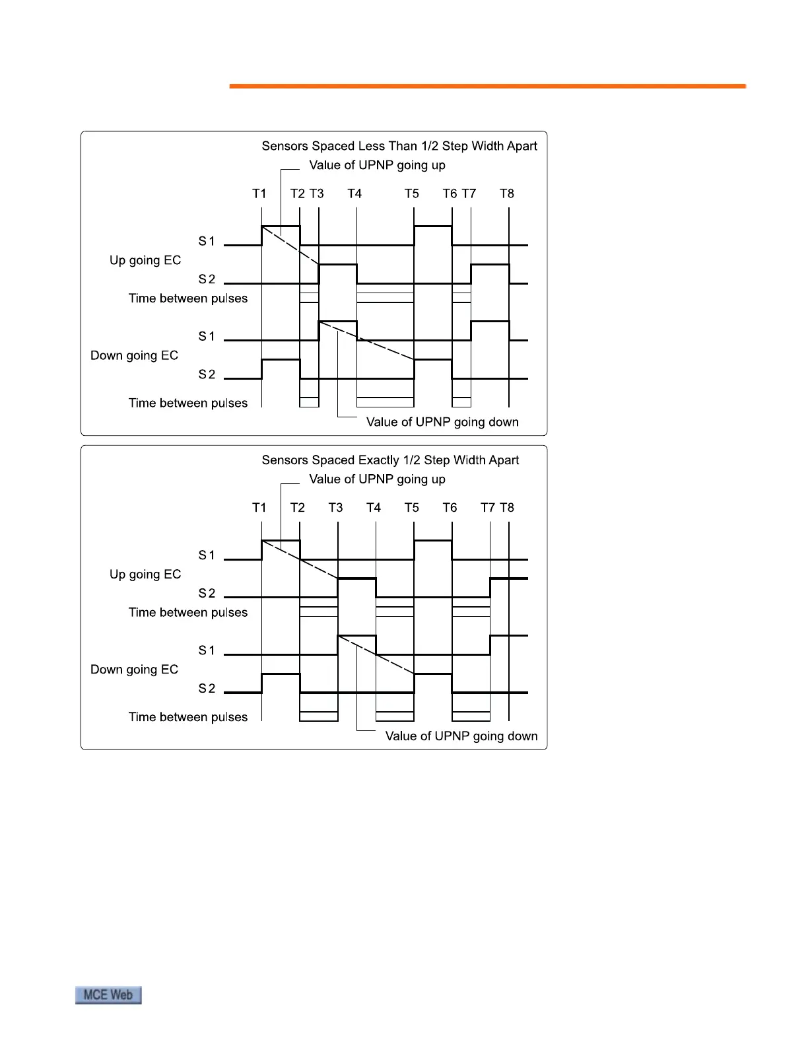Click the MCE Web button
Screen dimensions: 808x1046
[108, 994]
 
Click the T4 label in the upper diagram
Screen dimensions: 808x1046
[354, 193]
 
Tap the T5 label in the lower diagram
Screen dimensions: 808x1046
[412, 507]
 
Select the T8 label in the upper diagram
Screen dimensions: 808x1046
[506, 193]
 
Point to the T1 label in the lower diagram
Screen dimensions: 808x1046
[259, 507]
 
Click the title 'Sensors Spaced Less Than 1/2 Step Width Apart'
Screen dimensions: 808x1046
[399, 146]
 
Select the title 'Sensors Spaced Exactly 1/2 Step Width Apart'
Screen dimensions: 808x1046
[390, 460]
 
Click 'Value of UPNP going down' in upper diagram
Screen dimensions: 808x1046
[442, 422]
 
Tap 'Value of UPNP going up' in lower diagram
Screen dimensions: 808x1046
[377, 479]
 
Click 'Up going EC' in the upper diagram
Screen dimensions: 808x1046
[145, 260]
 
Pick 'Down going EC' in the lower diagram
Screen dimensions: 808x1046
[134, 670]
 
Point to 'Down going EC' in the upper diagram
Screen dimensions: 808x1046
[134, 355]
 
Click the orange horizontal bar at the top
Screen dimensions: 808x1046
[487, 86]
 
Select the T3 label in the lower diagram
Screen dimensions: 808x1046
[335, 507]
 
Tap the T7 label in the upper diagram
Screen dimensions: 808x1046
[469, 193]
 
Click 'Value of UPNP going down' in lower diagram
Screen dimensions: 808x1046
[461, 736]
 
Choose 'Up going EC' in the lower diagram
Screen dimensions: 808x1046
[145, 575]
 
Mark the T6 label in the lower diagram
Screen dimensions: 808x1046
[450, 507]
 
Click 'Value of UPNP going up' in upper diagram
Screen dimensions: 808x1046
[377, 165]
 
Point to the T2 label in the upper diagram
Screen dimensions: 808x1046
[297, 193]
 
